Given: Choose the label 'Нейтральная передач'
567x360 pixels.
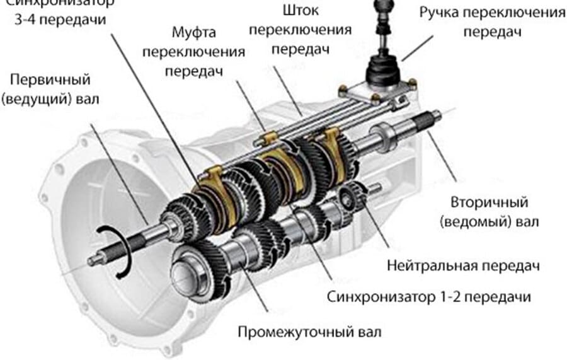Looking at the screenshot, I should (463, 265).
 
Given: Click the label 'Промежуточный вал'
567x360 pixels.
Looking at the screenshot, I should (309, 330).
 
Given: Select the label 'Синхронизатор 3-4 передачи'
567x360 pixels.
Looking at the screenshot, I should (60, 11).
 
